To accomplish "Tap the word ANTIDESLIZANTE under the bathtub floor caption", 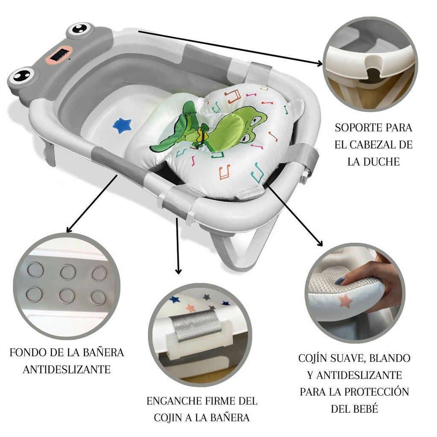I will [67, 369].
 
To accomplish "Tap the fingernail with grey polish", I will [340, 281].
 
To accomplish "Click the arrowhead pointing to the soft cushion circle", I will [320, 244].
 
